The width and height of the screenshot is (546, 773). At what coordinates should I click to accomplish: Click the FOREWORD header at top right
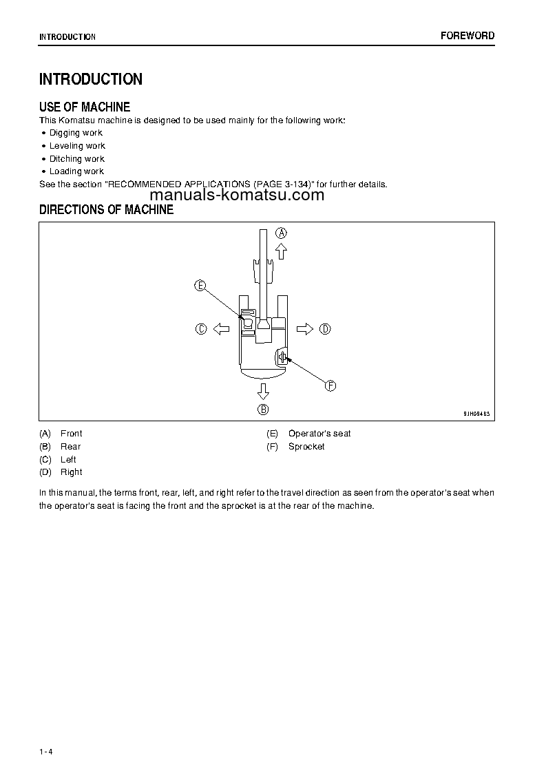pos(468,36)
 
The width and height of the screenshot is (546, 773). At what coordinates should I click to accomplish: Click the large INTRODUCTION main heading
pos(91,79)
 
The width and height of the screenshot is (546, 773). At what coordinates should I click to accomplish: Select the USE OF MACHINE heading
pos(85,107)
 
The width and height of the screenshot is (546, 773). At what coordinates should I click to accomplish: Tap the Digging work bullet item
pos(76,133)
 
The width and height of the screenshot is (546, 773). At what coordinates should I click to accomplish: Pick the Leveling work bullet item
pos(77,146)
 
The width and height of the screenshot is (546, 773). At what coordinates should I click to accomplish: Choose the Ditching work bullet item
pos(77,159)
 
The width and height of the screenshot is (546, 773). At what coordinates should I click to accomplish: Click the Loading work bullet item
pos(76,171)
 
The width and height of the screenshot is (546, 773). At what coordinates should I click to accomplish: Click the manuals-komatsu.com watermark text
pos(235,195)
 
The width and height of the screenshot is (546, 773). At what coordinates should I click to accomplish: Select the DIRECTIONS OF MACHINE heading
pos(106,210)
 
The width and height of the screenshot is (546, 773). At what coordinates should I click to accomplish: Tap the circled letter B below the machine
pos(263,410)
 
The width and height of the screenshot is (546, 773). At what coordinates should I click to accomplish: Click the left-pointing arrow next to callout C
pos(221,329)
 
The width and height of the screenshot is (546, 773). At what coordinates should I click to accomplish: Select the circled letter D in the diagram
pos(325,329)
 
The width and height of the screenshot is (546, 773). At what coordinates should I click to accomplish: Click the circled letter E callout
pos(200,286)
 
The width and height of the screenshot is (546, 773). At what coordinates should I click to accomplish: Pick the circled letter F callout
pos(330,386)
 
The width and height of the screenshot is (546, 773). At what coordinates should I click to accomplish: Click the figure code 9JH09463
pos(476,414)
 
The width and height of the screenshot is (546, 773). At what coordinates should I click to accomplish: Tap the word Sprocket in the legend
pos(306,447)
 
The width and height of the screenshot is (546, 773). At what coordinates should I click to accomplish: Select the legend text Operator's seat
pos(319,434)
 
